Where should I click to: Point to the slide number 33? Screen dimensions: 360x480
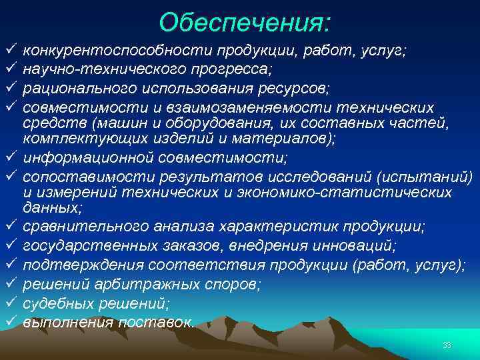coord(447,345)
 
